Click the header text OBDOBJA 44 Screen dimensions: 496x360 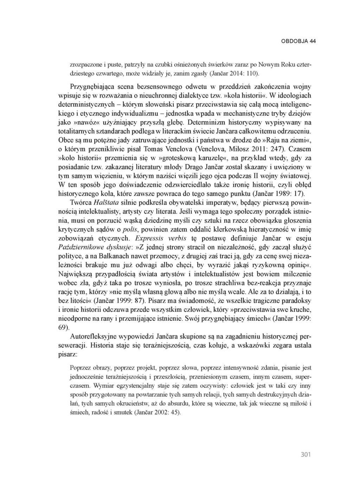coord(298,41)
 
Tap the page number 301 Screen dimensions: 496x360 coord(306,455)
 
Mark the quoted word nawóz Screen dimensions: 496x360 coord(85,123)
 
